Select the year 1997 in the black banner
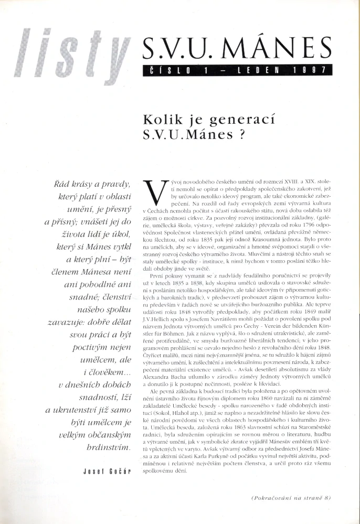311,70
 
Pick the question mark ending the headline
241,134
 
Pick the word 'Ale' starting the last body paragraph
156,392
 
